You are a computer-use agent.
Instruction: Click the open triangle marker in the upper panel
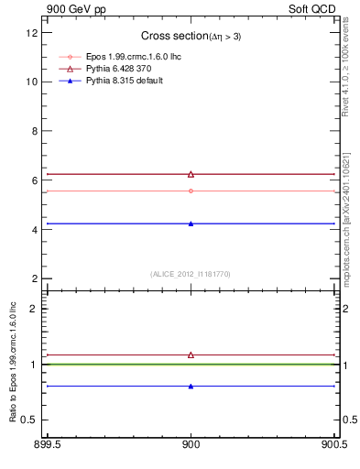[191, 174]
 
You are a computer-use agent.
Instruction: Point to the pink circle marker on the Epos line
[191, 191]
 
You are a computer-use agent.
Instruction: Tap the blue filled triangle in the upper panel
[191, 223]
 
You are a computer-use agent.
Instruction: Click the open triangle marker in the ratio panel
[191, 354]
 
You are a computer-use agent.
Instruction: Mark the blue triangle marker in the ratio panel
[191, 386]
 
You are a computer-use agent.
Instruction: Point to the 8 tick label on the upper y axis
[34, 131]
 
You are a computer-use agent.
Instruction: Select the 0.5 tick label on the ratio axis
[29, 420]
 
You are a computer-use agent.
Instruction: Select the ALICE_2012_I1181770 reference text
[191, 273]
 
